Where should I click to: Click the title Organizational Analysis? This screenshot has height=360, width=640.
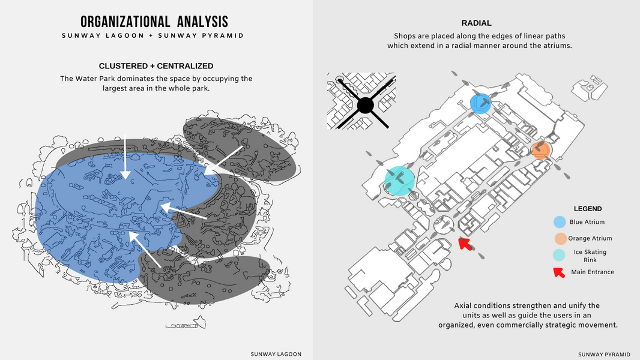coord(154,22)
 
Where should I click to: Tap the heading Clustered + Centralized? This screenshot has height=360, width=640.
coord(156,66)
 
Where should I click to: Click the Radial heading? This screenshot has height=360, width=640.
coord(476,23)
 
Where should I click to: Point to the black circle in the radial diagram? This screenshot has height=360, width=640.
coord(365,106)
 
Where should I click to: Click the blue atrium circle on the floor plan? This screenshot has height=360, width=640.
coord(480,103)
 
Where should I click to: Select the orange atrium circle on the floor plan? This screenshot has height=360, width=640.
coord(541,149)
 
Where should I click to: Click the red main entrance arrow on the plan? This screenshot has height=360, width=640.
coord(463,244)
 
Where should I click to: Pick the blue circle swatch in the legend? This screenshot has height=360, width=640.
coord(559,222)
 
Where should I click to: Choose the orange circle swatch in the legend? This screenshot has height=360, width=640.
coord(559,238)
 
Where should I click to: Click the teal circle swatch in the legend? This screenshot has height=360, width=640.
coord(559,255)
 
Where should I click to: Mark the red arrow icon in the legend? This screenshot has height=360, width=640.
coord(559,272)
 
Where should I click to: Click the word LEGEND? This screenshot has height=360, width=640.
coord(588,209)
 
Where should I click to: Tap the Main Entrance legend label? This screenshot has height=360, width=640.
coord(592,272)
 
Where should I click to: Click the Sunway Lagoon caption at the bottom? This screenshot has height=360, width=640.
coord(276,354)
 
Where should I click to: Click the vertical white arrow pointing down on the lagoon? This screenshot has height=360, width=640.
coord(125,159)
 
